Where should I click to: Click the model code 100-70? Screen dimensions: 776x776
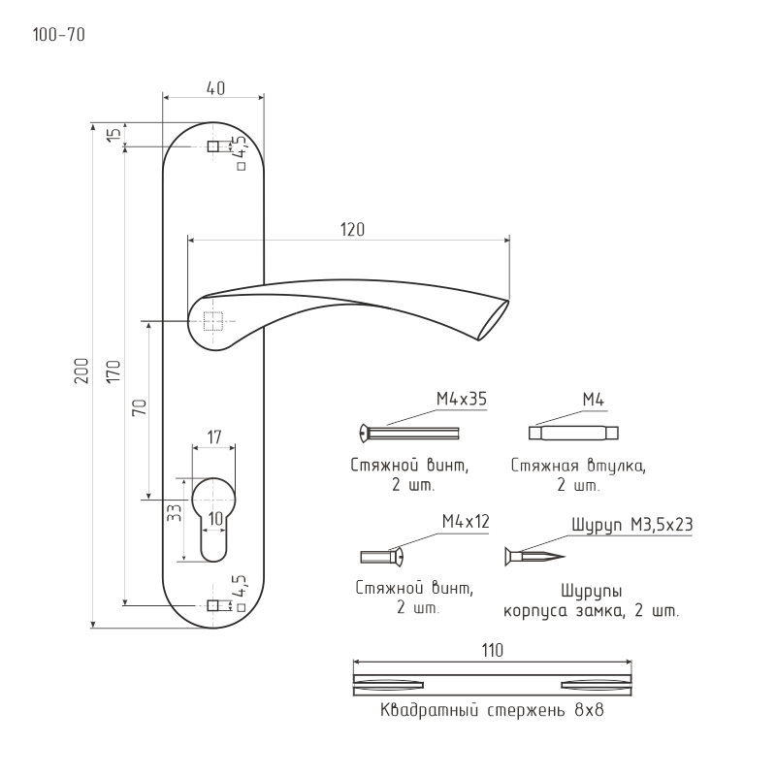(x=58, y=35)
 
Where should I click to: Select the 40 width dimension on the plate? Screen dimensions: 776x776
(x=215, y=88)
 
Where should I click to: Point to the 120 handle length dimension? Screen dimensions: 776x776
(x=352, y=230)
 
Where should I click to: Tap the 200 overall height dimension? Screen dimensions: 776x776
(x=81, y=371)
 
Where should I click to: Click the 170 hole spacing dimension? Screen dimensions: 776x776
(x=113, y=372)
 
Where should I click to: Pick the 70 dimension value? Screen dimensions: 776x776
(x=140, y=406)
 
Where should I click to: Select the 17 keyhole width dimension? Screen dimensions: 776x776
(x=213, y=437)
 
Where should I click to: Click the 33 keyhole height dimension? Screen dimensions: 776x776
(x=175, y=512)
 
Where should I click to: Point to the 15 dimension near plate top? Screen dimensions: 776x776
(x=114, y=134)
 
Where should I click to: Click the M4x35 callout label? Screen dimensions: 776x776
(x=462, y=399)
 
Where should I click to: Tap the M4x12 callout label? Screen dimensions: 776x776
(x=466, y=521)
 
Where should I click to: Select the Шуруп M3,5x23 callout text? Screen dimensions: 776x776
(x=632, y=525)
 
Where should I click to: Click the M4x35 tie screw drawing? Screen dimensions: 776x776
(x=409, y=433)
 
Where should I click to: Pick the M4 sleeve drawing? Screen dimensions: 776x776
(x=573, y=433)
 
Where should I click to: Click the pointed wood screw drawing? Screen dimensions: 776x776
(x=534, y=556)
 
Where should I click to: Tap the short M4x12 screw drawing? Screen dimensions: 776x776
(x=381, y=557)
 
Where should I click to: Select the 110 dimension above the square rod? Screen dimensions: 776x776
(x=493, y=650)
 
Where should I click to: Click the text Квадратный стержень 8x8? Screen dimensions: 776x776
(x=492, y=710)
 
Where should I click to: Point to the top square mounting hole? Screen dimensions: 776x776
(x=213, y=146)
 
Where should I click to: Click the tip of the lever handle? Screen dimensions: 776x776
(x=508, y=301)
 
